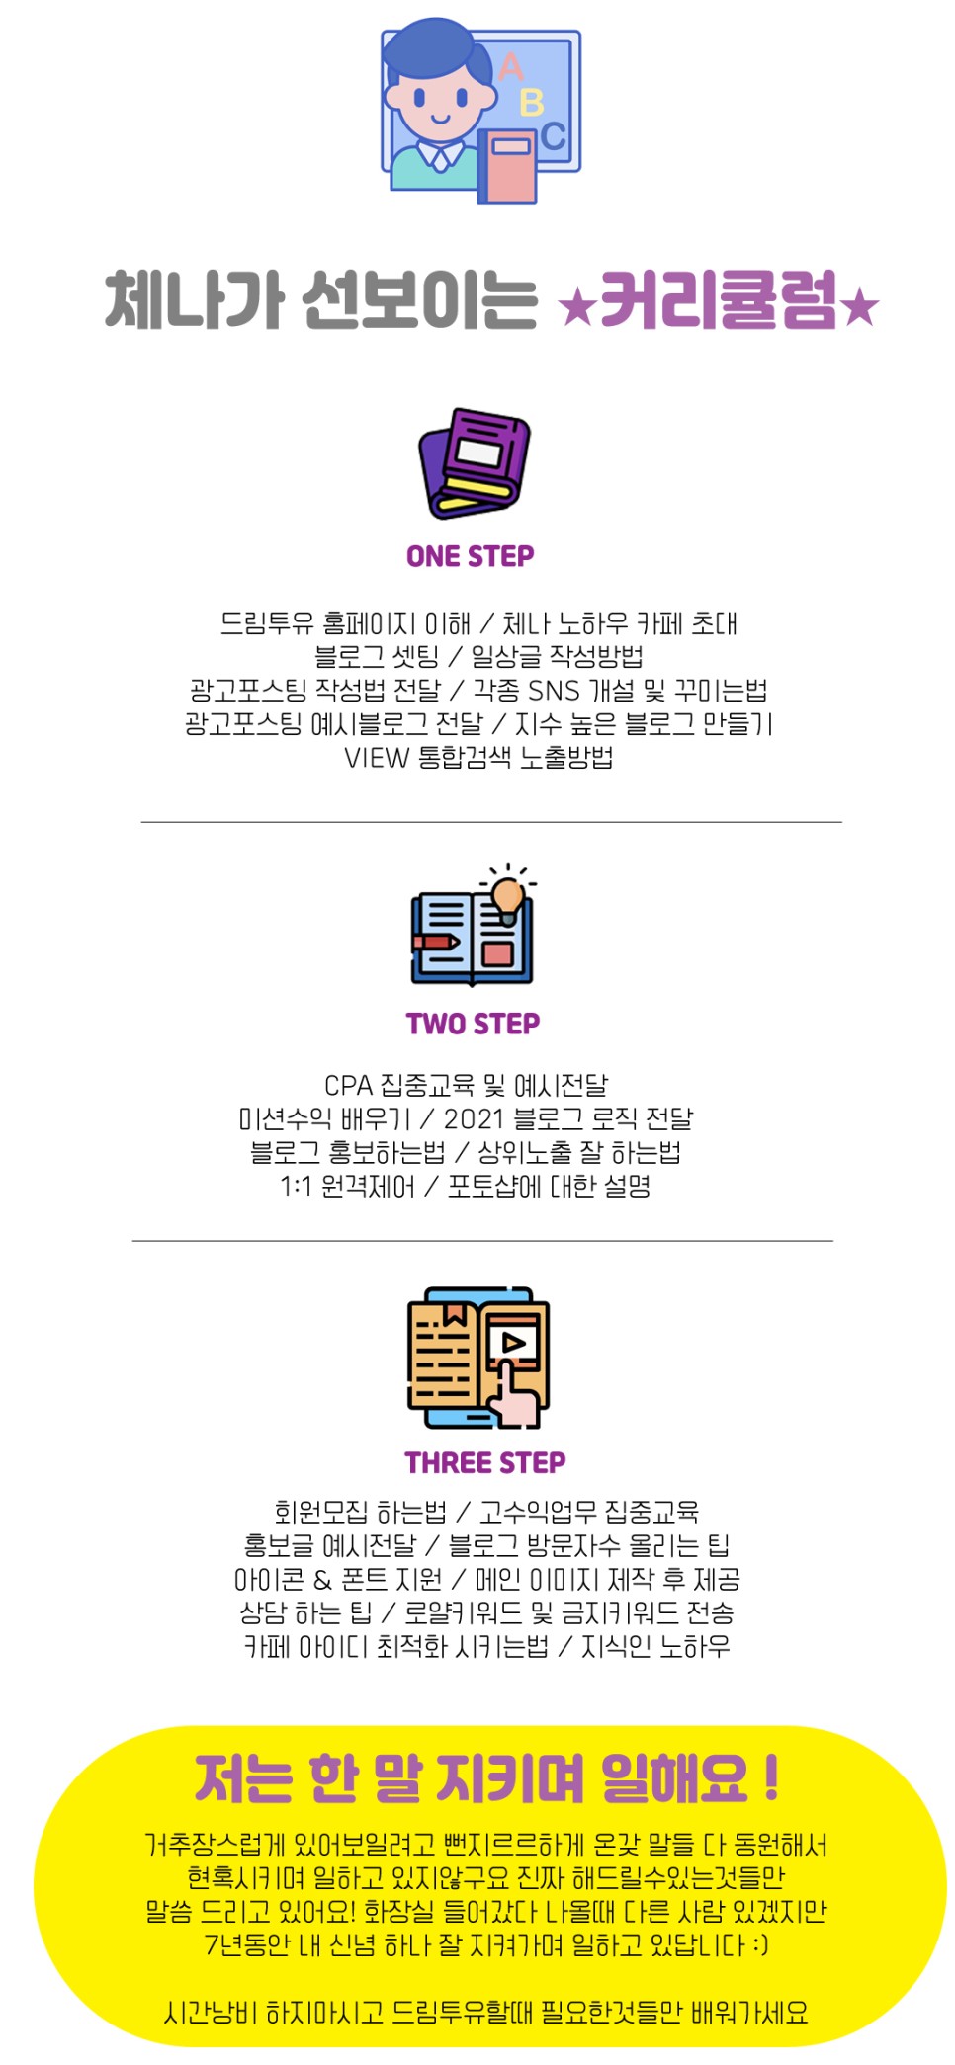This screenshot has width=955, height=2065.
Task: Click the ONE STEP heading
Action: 471,556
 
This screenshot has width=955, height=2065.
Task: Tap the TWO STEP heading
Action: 473,1024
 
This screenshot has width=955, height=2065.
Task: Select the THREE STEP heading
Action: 484,1462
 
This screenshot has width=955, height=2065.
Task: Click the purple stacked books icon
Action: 475,462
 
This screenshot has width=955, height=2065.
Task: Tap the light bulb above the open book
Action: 508,896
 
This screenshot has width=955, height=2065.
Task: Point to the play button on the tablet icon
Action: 514,1342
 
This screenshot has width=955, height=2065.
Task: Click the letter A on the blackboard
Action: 511,67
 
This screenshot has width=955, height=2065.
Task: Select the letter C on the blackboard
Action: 554,135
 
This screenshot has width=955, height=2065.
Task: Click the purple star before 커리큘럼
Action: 576,307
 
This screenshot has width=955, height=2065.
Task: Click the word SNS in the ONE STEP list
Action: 554,691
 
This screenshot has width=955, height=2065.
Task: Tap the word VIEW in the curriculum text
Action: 377,758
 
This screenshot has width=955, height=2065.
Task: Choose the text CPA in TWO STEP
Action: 348,1086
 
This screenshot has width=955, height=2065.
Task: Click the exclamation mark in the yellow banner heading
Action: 772,1778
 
